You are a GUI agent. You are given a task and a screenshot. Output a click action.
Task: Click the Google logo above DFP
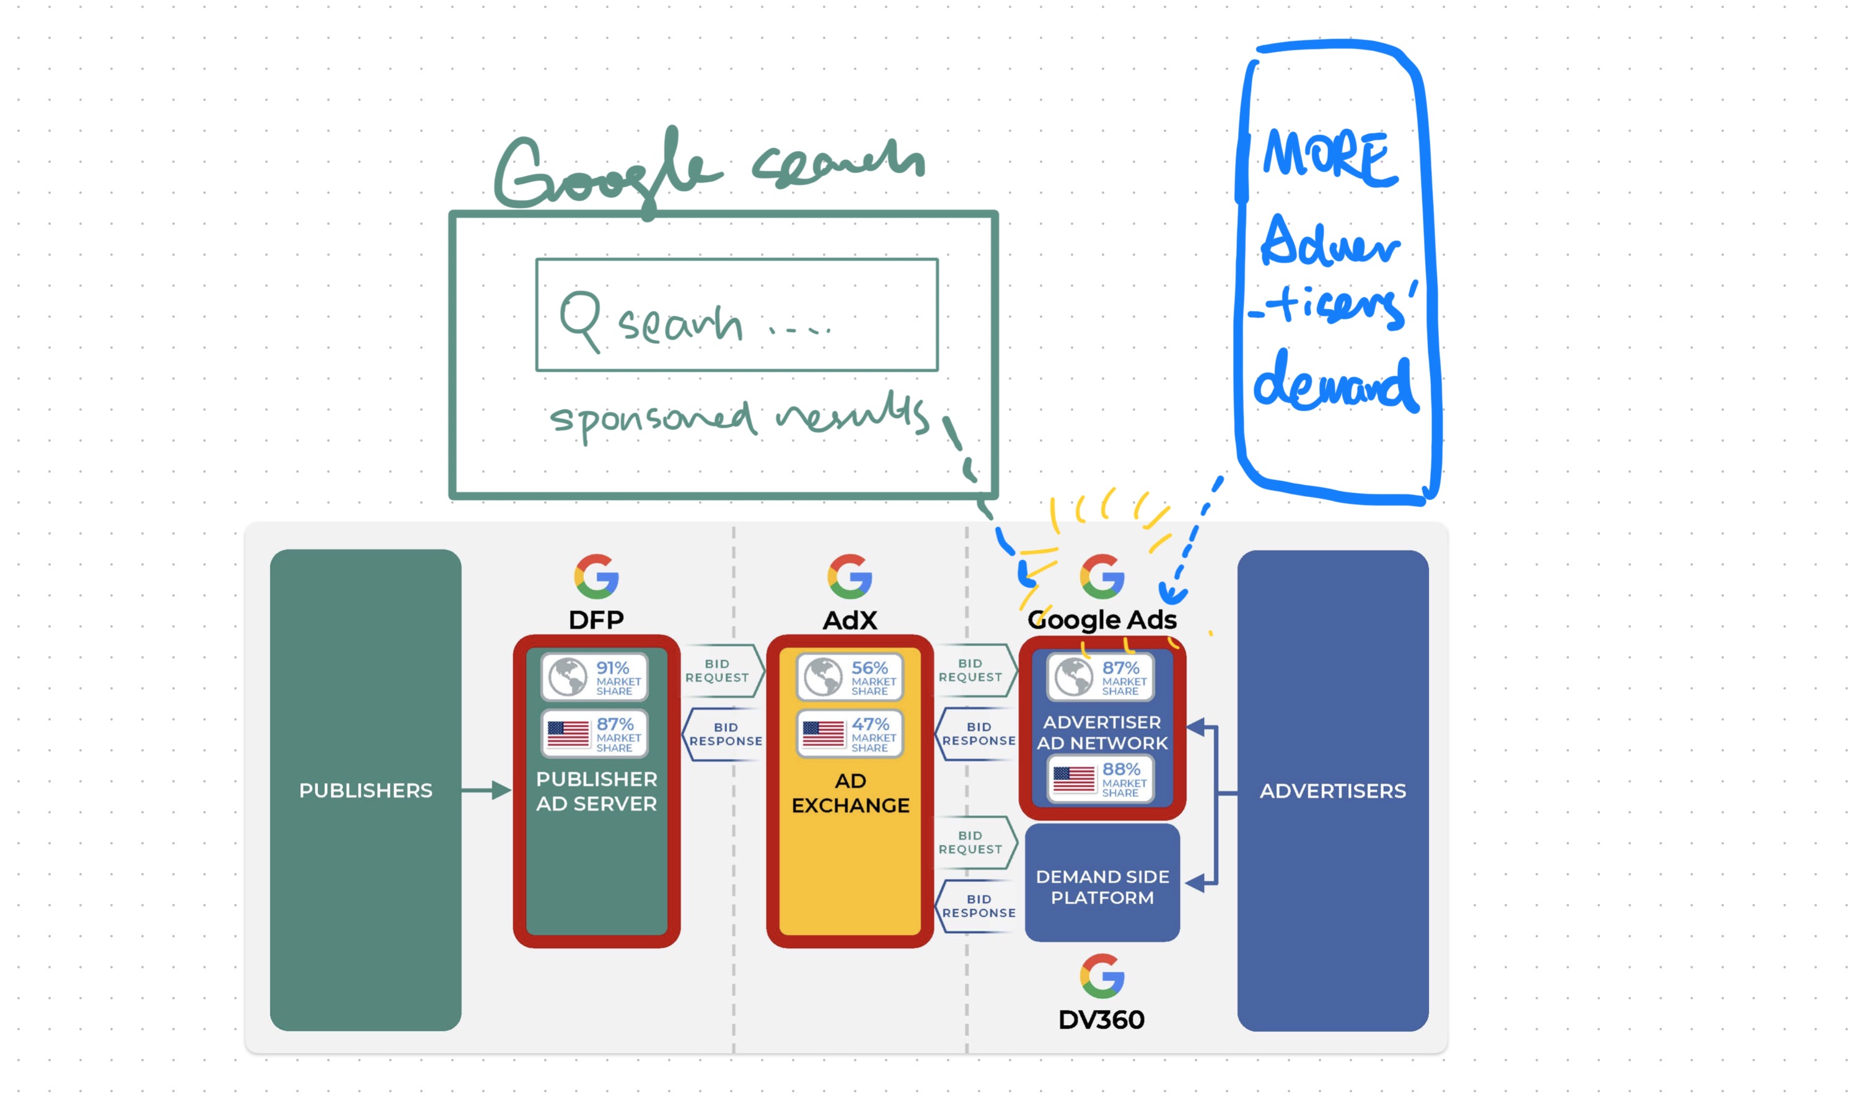click(596, 577)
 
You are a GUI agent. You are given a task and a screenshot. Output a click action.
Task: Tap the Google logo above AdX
click(849, 577)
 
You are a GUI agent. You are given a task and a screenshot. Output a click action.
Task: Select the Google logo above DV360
click(1101, 976)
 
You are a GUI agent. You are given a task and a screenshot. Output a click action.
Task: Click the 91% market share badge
click(594, 677)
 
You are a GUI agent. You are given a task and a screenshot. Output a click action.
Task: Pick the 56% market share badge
click(849, 677)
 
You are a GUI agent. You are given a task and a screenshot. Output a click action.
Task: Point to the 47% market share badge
click(849, 734)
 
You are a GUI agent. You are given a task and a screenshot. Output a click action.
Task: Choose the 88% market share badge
click(1101, 779)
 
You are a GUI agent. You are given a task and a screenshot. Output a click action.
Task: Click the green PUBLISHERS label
click(366, 791)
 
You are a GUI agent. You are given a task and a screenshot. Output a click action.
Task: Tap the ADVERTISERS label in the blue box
click(1332, 791)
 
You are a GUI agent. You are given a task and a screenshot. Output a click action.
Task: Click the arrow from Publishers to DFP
click(486, 790)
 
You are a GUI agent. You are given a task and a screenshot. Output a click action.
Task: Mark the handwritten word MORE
click(1329, 157)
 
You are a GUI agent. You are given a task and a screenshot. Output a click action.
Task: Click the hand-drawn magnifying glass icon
click(580, 319)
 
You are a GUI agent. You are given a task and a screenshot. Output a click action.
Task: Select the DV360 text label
click(1101, 1019)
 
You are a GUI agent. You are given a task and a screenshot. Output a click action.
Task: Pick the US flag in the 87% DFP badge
click(568, 734)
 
